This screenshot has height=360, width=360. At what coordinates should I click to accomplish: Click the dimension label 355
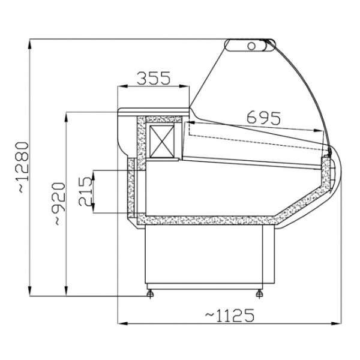pos(154,78)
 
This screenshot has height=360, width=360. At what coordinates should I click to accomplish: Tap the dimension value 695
pos(263,118)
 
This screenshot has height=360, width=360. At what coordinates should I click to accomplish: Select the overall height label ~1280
pos(23,167)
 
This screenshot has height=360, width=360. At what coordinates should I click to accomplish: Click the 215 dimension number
pos(85,191)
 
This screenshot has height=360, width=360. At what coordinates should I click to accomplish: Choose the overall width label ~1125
pos(230,316)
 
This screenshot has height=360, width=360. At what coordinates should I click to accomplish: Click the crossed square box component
pos(161,141)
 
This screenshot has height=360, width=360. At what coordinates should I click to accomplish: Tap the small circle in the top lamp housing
pos(251,46)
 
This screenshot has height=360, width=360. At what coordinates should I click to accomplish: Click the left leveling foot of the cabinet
pos(150,293)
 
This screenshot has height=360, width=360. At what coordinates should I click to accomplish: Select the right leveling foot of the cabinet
pos(259,293)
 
